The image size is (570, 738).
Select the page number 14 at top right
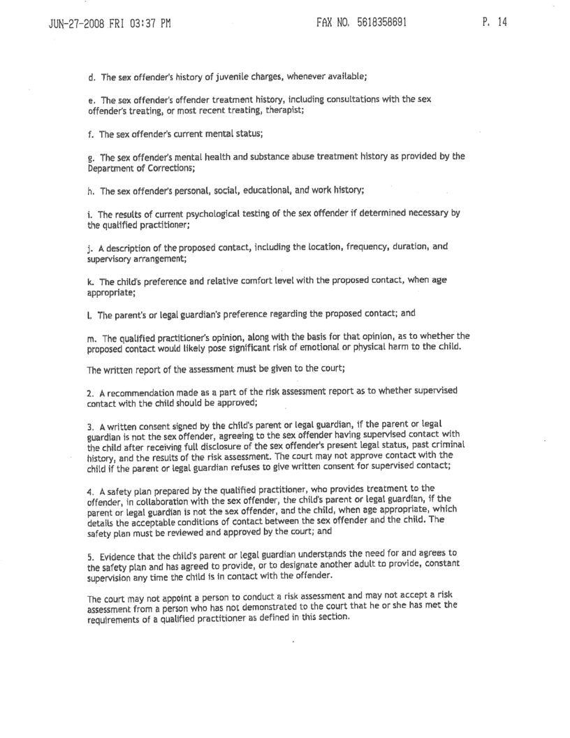501,22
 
